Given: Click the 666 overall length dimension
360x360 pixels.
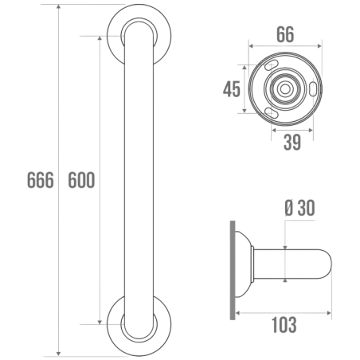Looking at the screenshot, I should [x=39, y=180].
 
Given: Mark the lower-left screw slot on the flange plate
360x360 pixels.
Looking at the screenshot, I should [x=272, y=113].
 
